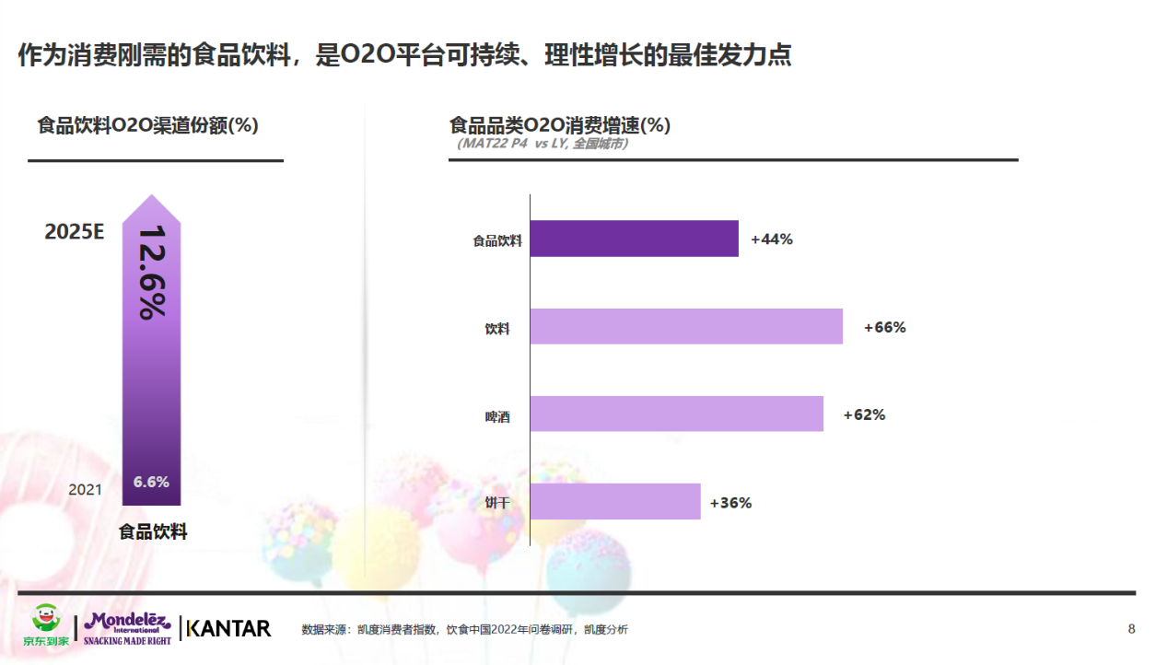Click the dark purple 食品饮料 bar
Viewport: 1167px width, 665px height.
tap(634, 239)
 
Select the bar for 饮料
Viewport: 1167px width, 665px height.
tap(686, 327)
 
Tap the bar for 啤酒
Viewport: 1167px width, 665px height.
tap(676, 414)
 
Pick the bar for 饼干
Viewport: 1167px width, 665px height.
tap(615, 502)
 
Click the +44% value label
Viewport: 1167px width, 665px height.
tap(772, 239)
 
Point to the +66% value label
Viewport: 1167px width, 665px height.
tap(885, 327)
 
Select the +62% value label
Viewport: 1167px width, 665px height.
tap(865, 414)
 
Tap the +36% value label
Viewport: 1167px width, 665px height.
tap(731, 503)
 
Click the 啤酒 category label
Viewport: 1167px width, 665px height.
tap(497, 417)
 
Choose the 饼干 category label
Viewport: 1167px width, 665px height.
tap(497, 504)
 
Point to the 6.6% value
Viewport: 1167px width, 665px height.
tap(151, 483)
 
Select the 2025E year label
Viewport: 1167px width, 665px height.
tap(75, 232)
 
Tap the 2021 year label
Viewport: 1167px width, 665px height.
tap(86, 490)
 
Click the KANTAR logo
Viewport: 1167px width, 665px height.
tap(228, 628)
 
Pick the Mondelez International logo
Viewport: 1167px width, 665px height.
tap(127, 627)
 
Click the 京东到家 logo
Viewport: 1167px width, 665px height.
tap(45, 625)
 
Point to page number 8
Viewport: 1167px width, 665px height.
tap(1131, 629)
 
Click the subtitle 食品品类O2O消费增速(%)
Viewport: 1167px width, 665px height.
tap(560, 125)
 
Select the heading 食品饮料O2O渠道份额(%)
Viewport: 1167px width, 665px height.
tap(148, 125)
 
